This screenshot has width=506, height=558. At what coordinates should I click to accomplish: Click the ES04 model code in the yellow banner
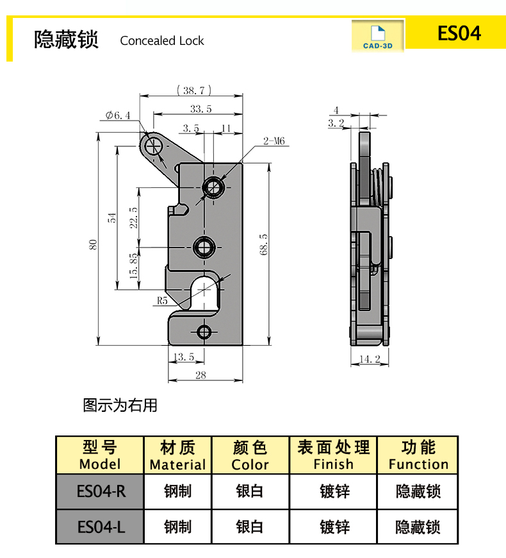click(459, 33)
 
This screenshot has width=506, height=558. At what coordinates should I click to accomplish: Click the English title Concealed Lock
click(162, 41)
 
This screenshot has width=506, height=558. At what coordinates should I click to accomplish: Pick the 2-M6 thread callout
click(273, 141)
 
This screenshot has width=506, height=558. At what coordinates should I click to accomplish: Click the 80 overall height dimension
click(94, 245)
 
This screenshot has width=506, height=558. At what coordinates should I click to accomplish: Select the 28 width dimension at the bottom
click(200, 375)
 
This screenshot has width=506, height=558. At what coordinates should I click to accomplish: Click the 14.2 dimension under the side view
click(370, 360)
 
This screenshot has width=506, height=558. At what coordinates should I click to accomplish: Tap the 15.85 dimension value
click(133, 265)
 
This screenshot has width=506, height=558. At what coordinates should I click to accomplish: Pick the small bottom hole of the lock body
click(204, 332)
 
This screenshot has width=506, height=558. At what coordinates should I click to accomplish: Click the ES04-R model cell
click(101, 492)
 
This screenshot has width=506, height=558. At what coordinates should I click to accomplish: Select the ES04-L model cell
click(101, 527)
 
